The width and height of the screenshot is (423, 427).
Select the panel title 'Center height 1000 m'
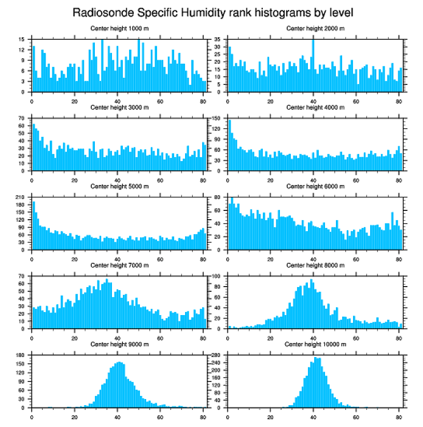[119, 29]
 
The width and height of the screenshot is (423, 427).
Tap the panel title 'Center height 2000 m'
[315, 29]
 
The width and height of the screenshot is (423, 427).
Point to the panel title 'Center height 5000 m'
[119, 187]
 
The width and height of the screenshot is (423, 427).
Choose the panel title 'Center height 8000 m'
[315, 265]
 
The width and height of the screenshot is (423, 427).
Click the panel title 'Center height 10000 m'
[315, 344]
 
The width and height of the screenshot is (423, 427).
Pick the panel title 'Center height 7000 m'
[119, 265]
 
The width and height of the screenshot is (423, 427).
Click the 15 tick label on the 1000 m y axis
[23, 39]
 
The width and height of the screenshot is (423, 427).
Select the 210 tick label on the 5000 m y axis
[21, 197]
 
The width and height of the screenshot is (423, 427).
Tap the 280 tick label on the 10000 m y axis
[217, 355]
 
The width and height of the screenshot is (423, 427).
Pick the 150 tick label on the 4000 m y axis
[217, 118]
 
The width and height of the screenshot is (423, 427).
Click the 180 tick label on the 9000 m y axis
[21, 355]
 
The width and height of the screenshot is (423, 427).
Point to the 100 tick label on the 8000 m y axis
[217, 276]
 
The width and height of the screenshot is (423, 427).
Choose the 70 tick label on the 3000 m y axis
[23, 118]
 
